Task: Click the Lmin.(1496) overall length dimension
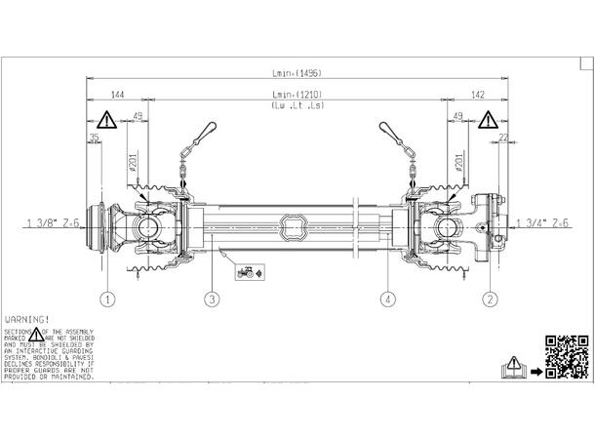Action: [x=297, y=72]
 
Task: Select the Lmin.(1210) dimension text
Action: [x=297, y=95]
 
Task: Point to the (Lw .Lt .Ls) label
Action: [x=297, y=104]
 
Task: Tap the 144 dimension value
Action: [x=117, y=95]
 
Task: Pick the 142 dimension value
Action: [x=477, y=95]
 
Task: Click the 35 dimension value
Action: [x=95, y=138]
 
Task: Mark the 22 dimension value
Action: [x=502, y=138]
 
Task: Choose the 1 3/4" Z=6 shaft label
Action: [x=542, y=223]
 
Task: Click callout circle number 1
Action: [x=107, y=299]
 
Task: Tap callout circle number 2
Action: [x=491, y=299]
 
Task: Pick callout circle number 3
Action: [x=211, y=299]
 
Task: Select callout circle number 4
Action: [x=388, y=299]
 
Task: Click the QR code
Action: [x=566, y=356]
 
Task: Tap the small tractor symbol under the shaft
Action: [x=247, y=273]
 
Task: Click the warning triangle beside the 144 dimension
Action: [x=105, y=121]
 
